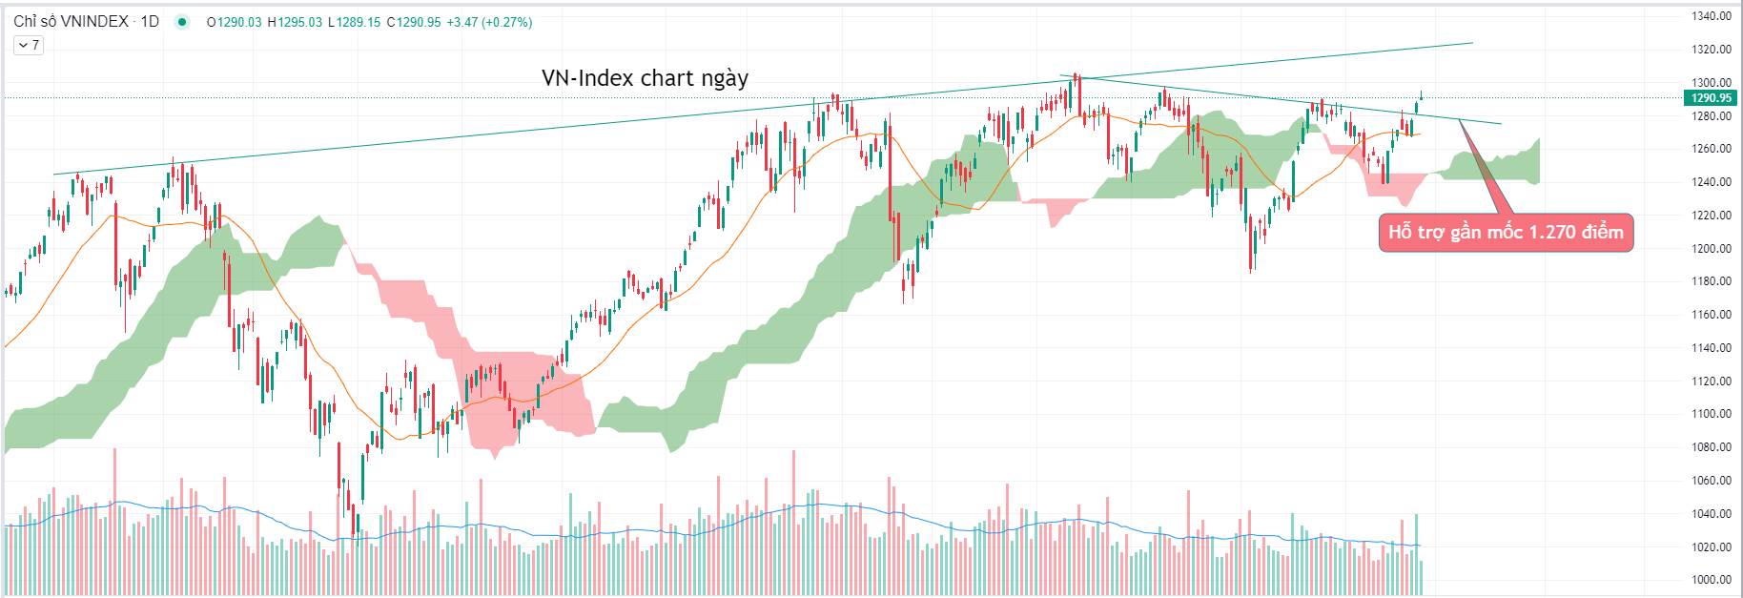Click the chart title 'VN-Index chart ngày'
(645, 78)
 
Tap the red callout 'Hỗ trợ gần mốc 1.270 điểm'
(1506, 233)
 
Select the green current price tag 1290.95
(1711, 98)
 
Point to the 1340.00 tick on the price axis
(1711, 16)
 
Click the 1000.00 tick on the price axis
(1711, 580)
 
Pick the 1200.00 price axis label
(1711, 248)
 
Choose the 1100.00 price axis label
(1711, 414)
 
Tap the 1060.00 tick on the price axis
(1711, 481)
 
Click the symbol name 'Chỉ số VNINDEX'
(71, 21)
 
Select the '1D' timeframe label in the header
(150, 21)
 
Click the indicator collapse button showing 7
(29, 45)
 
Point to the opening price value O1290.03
(234, 22)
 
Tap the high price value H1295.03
(295, 22)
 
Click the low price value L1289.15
(355, 22)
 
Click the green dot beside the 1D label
(182, 22)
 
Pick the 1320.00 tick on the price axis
(1711, 50)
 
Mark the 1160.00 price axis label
(1711, 315)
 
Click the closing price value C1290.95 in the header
(413, 22)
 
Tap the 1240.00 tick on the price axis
(1711, 182)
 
